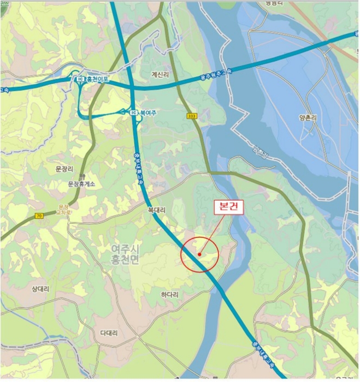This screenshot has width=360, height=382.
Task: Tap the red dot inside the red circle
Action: tap(200, 254)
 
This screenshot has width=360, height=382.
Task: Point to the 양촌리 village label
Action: tap(308, 117)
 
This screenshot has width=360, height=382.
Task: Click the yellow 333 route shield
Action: tap(191, 116)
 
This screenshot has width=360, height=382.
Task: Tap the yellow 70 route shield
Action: tap(39, 216)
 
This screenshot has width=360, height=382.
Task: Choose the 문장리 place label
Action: tap(65, 170)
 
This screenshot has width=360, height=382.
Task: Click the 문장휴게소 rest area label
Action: tap(81, 184)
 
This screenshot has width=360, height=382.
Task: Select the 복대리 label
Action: tap(156, 209)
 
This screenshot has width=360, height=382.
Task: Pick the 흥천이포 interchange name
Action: tap(98, 79)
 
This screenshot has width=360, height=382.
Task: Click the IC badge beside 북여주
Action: tap(134, 112)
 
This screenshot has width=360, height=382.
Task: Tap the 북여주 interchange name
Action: tap(148, 112)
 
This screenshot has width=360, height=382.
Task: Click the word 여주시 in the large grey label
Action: tap(125, 249)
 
